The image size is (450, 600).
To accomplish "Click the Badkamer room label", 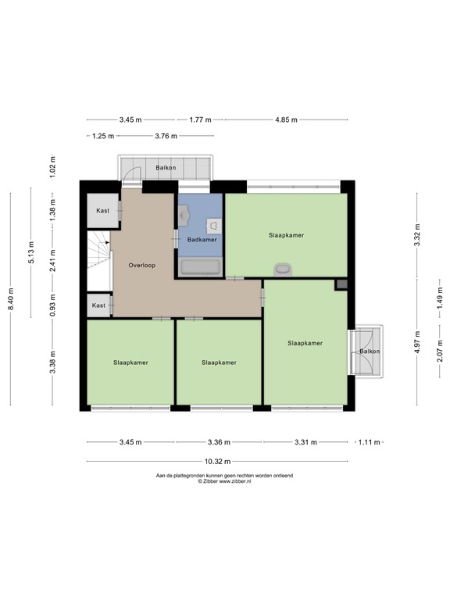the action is [x=202, y=240].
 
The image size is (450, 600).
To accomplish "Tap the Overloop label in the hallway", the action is [x=142, y=265].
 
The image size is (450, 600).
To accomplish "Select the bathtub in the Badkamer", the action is [x=201, y=267].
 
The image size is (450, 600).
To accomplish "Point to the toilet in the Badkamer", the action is [x=214, y=226].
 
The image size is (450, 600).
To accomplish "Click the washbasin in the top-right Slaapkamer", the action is [x=283, y=270].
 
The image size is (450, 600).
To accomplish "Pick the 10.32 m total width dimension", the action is [x=217, y=462].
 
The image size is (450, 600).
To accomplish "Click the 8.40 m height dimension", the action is [x=10, y=299].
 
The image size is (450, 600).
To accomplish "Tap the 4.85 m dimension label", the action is [x=286, y=120].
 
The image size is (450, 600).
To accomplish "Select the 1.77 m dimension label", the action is [x=200, y=120].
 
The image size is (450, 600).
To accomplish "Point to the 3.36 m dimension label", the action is [x=219, y=442].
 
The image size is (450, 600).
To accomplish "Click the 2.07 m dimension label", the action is [x=440, y=351].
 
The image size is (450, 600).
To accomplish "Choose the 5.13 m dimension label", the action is [x=31, y=252].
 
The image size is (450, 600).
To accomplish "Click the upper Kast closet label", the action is [x=102, y=210].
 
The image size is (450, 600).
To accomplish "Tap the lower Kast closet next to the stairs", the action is [x=98, y=305].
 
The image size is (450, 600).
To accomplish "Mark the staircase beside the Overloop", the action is [x=98, y=261].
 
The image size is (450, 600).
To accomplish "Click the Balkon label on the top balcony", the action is [x=166, y=168].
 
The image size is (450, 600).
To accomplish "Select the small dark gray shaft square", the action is [x=341, y=284].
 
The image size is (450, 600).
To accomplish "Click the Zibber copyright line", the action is [x=224, y=481].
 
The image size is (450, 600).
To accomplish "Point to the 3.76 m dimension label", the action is [x=166, y=136].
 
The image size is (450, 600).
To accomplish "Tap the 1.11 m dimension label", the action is [x=369, y=442].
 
